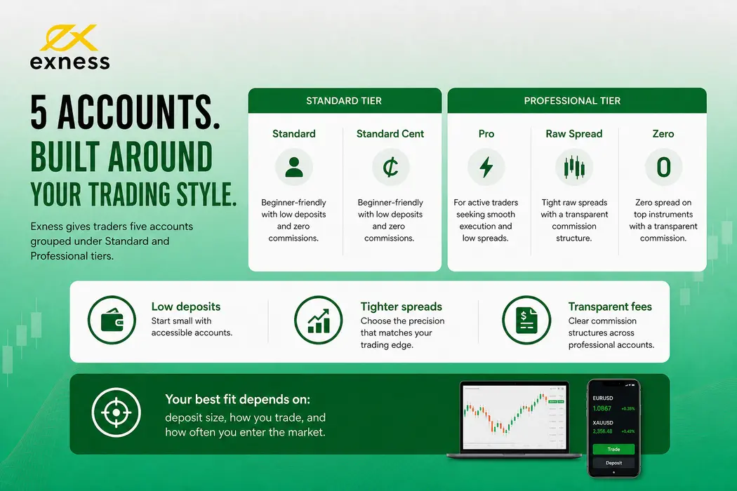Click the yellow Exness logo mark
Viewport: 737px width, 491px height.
coord(69,38)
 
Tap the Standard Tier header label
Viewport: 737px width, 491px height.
coord(344,100)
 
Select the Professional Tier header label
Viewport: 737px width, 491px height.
coord(572,100)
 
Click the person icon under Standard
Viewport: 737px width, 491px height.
coord(294,167)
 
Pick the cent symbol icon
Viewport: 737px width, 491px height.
coord(390,167)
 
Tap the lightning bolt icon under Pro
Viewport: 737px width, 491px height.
coord(486,167)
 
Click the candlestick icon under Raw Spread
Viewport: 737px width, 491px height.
coord(574,167)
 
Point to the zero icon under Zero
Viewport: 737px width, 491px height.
coord(663,167)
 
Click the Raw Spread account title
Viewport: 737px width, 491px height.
coord(574,134)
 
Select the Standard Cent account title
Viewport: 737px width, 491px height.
coord(390,134)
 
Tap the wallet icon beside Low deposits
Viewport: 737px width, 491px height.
coord(112,320)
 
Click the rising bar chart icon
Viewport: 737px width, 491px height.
coord(319,320)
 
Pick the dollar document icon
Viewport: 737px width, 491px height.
coord(526,320)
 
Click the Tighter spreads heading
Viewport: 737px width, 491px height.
coord(401,307)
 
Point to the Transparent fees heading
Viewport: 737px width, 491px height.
coord(610,307)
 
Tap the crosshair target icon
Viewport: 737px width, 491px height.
coord(116,412)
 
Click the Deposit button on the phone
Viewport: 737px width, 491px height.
coord(613,463)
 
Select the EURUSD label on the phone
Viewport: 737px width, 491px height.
coord(602,398)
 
